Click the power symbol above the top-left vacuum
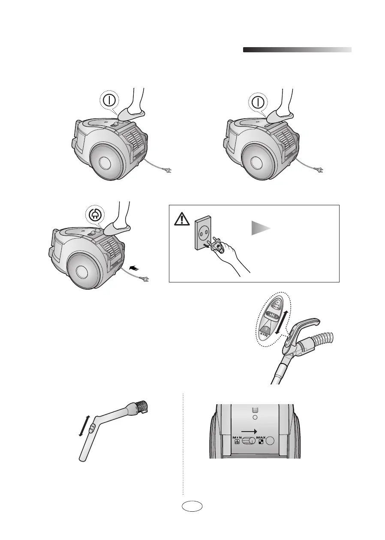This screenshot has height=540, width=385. point(111,101)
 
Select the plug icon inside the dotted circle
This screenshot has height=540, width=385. point(93,215)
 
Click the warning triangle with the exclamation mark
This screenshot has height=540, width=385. point(182,219)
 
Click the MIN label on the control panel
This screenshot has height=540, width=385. point(238,438)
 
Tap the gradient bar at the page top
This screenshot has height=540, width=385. point(297,50)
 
